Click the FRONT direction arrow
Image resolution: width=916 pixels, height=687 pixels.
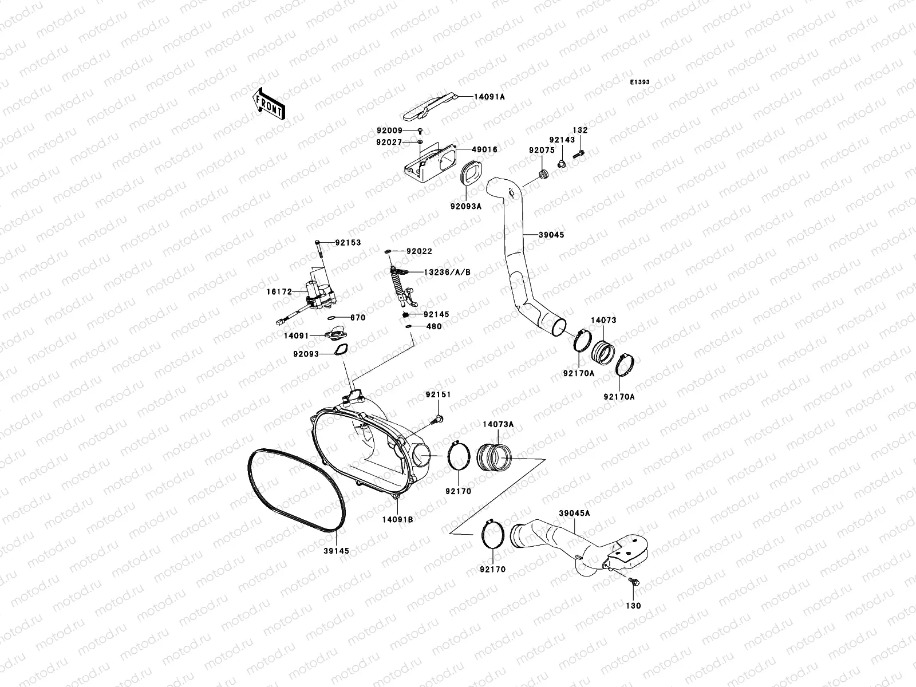[269, 104]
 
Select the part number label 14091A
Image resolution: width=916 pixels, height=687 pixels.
[489, 97]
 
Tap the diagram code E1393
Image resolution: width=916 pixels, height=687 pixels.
[640, 82]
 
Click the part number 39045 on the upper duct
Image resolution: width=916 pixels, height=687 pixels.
[551, 234]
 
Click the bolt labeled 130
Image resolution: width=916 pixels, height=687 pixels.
[634, 582]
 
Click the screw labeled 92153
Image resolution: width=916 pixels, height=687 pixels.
[318, 250]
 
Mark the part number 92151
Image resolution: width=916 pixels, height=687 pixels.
[438, 394]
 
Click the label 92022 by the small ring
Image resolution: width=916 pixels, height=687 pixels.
[419, 251]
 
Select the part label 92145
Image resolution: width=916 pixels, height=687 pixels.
[436, 315]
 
